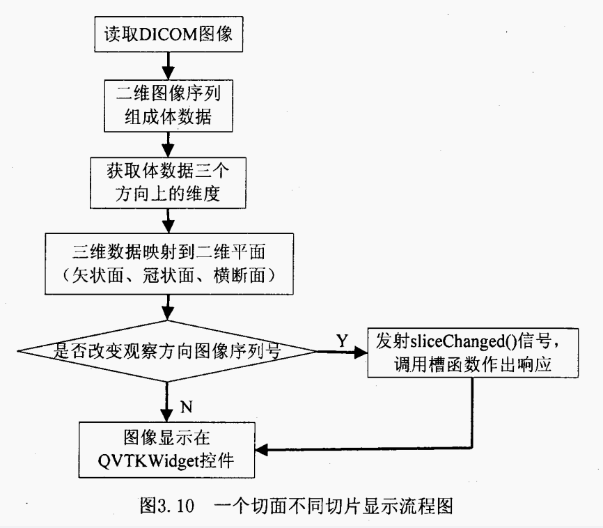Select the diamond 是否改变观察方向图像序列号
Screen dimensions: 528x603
[x=168, y=351]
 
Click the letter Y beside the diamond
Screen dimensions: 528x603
[x=342, y=341]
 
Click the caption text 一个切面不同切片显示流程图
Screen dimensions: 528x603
[x=335, y=505]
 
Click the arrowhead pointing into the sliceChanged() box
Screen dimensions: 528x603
[x=361, y=352]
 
